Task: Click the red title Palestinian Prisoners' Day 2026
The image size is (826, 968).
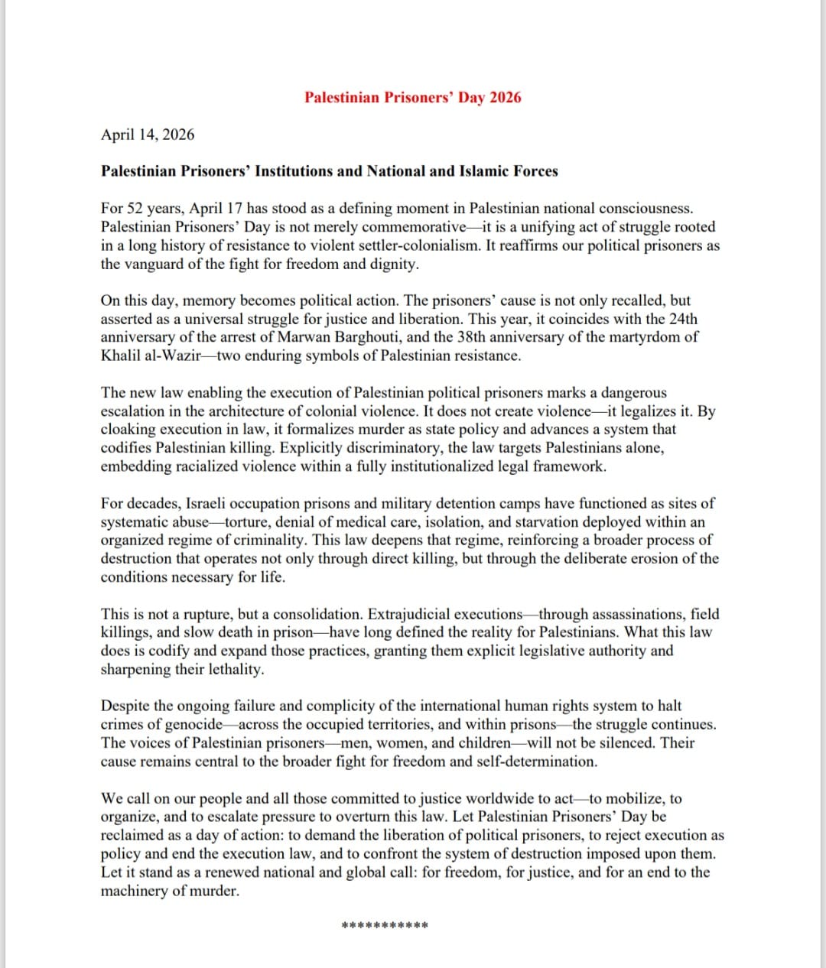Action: tap(412, 98)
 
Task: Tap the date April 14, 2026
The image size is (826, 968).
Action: tap(148, 135)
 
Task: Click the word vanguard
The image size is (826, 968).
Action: tap(158, 265)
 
